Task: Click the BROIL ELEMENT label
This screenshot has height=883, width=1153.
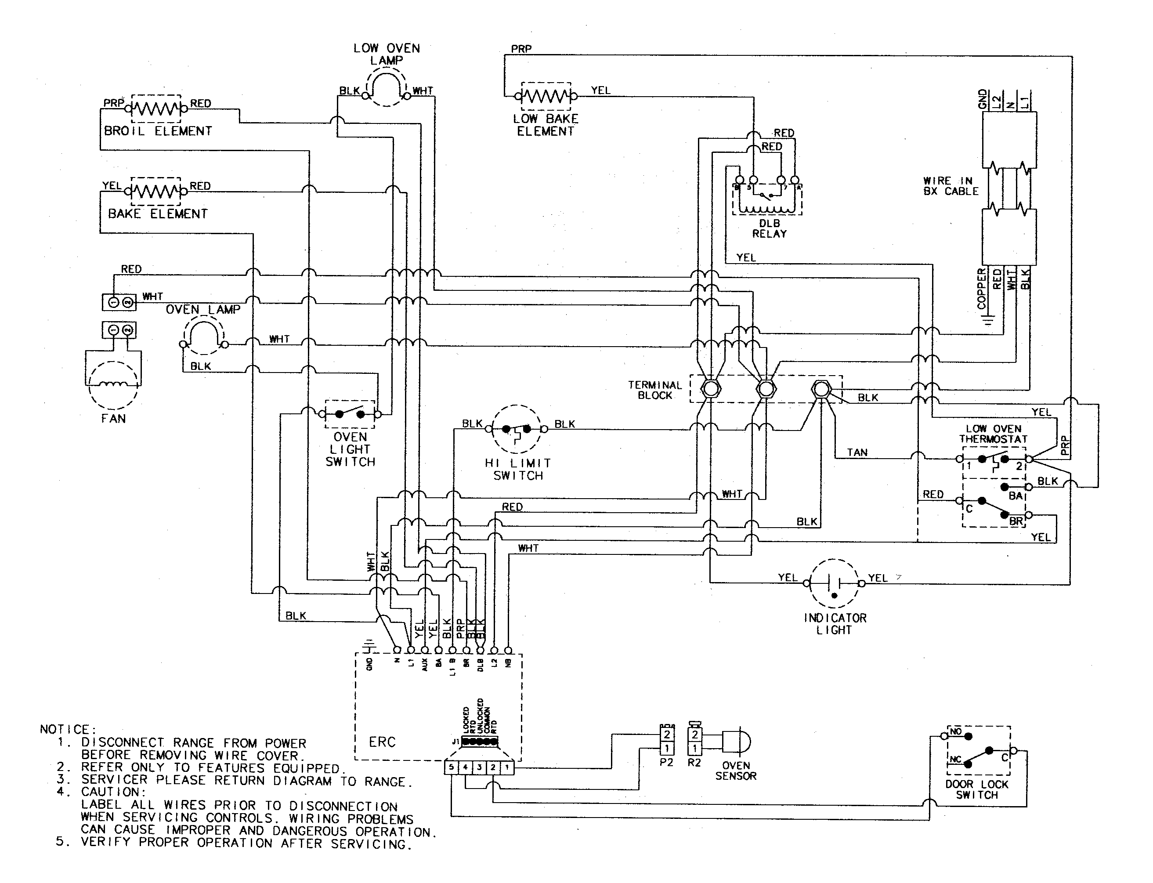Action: click(158, 131)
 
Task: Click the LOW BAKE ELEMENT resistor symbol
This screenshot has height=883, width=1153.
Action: click(546, 96)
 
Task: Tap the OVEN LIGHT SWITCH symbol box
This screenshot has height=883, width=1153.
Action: click(350, 414)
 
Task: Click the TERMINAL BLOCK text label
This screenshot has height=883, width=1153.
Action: click(655, 390)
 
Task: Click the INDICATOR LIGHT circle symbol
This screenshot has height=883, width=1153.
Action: click(834, 583)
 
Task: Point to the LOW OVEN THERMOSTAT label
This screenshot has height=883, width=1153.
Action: click(993, 434)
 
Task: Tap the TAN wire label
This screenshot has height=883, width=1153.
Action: click(857, 452)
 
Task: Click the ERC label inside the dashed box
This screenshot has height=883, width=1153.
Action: click(382, 742)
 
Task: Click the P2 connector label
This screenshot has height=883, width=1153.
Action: click(666, 762)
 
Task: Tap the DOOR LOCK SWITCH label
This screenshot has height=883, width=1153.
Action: click(977, 789)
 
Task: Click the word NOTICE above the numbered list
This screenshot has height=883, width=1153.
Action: click(67, 730)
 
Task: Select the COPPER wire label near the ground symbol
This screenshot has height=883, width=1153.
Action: click(981, 289)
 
